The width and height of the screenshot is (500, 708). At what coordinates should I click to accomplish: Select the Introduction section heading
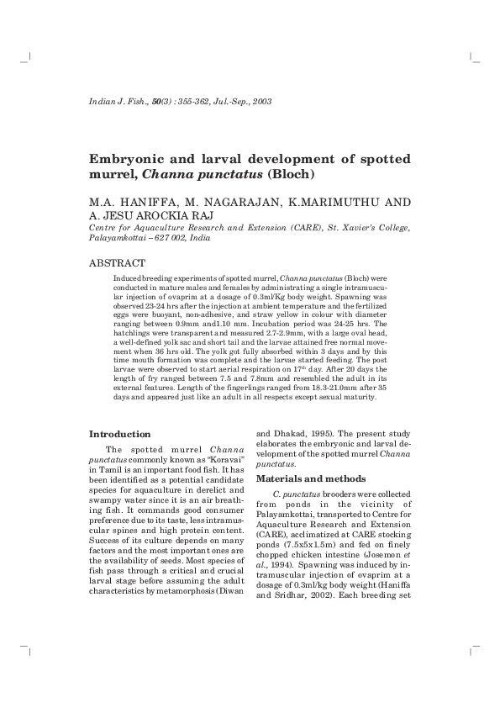click(120, 434)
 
